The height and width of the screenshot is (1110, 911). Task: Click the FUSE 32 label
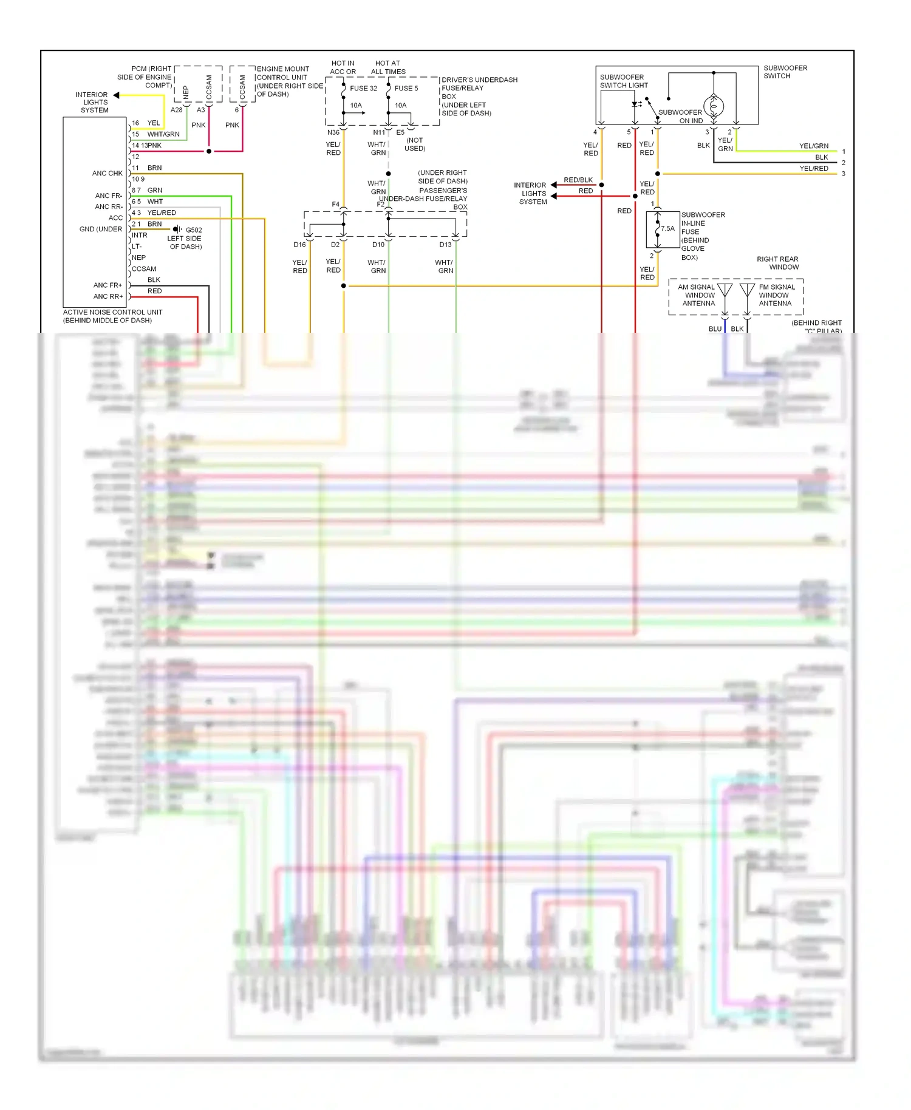(x=363, y=89)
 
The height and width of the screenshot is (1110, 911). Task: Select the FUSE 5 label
(x=406, y=89)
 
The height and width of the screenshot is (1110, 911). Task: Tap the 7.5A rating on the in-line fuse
(x=667, y=229)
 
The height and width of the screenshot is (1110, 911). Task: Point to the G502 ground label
(x=194, y=230)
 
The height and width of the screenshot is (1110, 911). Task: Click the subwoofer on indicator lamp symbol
(x=714, y=106)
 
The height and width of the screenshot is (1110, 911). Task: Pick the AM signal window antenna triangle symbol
(x=725, y=290)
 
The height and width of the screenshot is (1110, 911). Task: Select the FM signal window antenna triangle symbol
(x=747, y=290)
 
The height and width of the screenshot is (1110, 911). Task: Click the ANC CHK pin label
(x=107, y=174)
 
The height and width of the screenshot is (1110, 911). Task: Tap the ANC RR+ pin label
(x=108, y=296)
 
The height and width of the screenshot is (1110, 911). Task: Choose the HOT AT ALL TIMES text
(x=388, y=67)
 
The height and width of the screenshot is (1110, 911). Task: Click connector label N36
(x=333, y=132)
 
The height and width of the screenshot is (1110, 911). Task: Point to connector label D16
(x=300, y=245)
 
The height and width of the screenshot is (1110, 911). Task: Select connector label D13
(x=446, y=245)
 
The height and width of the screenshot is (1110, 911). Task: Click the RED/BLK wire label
(x=578, y=180)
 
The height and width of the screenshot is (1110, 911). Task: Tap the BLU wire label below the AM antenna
(x=715, y=329)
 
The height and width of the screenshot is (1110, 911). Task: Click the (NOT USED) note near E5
(x=415, y=145)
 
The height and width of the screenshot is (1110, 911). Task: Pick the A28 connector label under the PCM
(x=177, y=110)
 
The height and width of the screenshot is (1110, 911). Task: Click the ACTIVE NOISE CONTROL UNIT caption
(x=113, y=316)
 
